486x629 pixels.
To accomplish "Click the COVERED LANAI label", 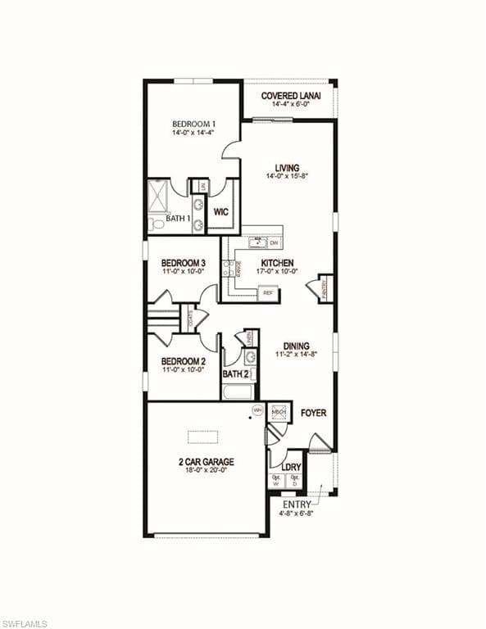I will [291, 96].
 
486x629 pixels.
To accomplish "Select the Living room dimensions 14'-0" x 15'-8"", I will [287, 176].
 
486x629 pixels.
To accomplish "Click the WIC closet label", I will [221, 211].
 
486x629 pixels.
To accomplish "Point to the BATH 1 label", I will [179, 219].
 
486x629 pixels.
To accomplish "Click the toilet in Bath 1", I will [156, 222].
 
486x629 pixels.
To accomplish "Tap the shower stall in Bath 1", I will [158, 195].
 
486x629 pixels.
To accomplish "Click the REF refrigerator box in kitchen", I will [267, 293].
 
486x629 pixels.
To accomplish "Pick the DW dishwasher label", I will [275, 243].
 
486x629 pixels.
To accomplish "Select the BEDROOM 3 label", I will [183, 264].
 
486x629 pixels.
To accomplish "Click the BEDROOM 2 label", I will [183, 361].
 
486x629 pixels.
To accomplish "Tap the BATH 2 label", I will [236, 374].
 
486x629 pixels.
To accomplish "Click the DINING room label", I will [296, 346].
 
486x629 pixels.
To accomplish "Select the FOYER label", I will [313, 413].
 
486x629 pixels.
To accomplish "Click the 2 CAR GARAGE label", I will [206, 462].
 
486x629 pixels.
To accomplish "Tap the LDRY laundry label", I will [291, 468].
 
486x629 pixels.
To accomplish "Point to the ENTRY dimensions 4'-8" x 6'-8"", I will [296, 514].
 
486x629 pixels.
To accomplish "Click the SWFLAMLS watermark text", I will [25, 623].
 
